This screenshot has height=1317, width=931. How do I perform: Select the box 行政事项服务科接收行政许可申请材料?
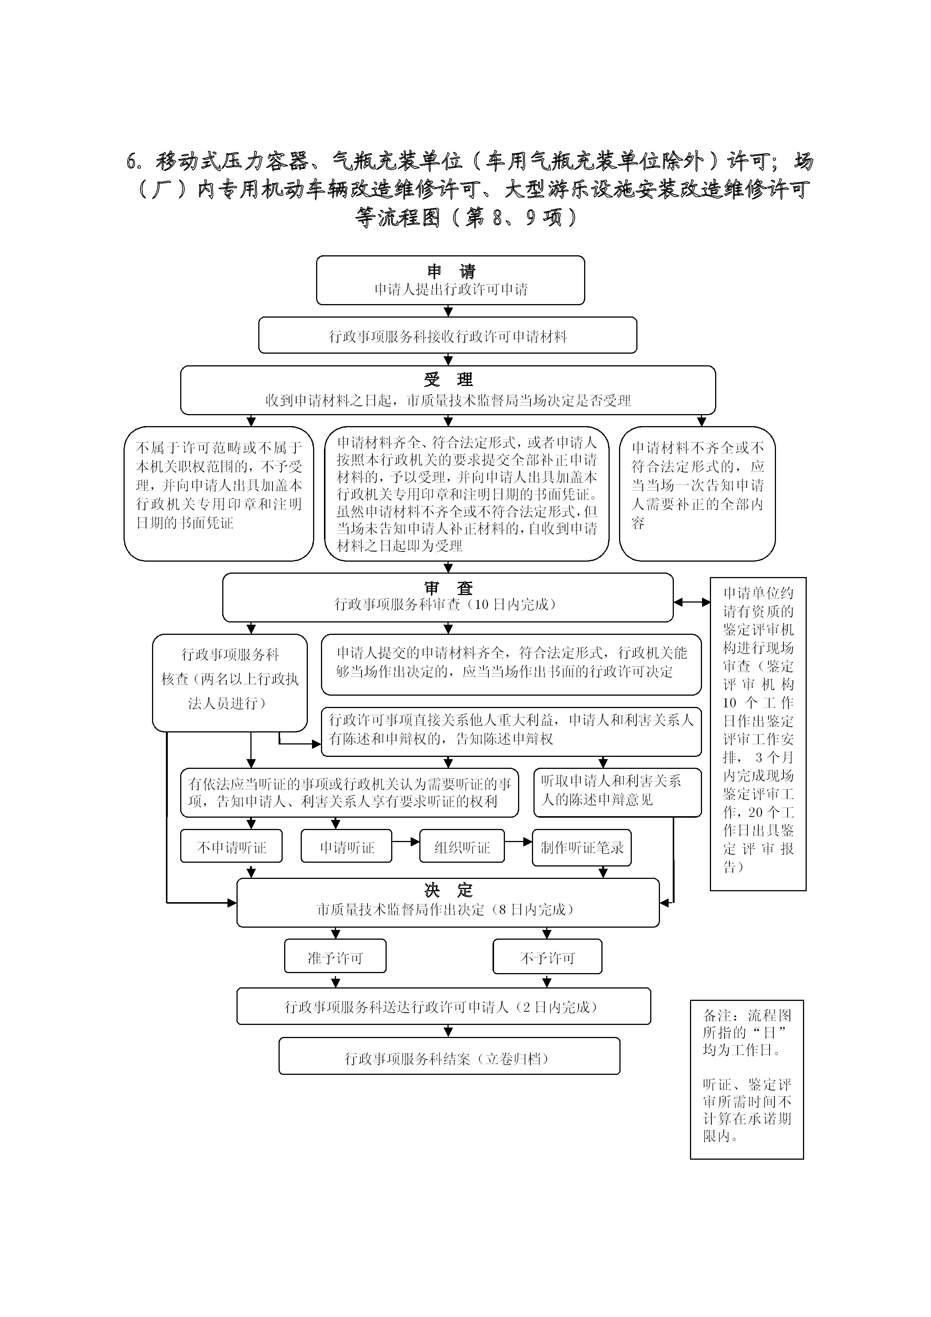pyautogui.click(x=447, y=335)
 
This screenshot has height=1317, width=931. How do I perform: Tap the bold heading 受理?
pyautogui.click(x=449, y=379)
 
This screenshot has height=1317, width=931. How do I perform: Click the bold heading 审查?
pyautogui.click(x=449, y=588)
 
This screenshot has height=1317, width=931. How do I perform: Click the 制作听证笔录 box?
pyautogui.click(x=581, y=847)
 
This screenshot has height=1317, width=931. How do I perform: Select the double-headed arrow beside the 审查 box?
pyautogui.click(x=692, y=602)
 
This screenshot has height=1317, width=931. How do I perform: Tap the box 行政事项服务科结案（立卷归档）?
pyautogui.click(x=449, y=1056)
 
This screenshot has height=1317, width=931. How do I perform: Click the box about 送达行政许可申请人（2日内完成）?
pyautogui.click(x=443, y=1006)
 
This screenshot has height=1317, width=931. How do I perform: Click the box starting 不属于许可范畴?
pyautogui.click(x=218, y=493)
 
